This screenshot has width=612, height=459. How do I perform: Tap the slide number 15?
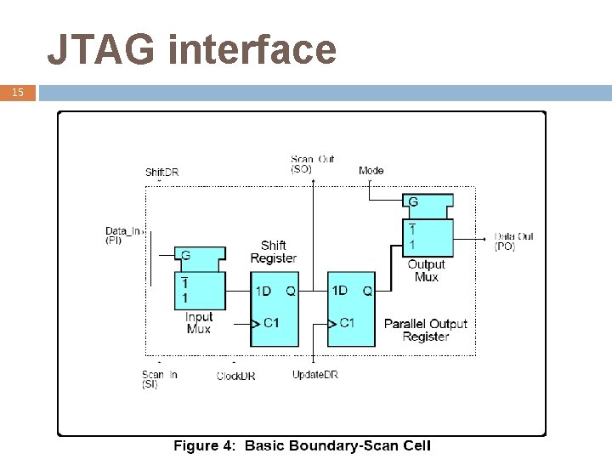point(18,92)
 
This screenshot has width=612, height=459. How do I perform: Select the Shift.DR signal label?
point(161,173)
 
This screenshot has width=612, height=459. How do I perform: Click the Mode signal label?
point(371,170)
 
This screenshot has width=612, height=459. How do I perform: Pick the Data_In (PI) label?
point(124,235)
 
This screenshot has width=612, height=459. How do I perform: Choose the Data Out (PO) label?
point(514,241)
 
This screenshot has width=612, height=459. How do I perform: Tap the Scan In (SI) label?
point(153,379)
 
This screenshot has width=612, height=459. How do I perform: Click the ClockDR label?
point(235,376)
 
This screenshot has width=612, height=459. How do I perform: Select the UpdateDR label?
point(314,375)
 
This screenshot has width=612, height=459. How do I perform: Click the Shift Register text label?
point(273,252)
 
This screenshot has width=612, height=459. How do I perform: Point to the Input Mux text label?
point(198,323)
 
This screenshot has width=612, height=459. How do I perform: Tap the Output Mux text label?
point(426,270)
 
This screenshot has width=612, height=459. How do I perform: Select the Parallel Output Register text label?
point(425,330)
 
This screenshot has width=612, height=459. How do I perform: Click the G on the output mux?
point(413,202)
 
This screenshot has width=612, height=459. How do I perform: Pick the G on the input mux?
point(185,255)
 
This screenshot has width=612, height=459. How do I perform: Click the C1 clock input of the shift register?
point(271,322)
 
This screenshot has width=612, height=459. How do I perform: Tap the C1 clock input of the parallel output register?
point(347,322)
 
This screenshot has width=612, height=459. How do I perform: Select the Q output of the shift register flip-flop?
point(290,291)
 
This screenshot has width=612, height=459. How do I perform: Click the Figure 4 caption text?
point(303,445)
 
